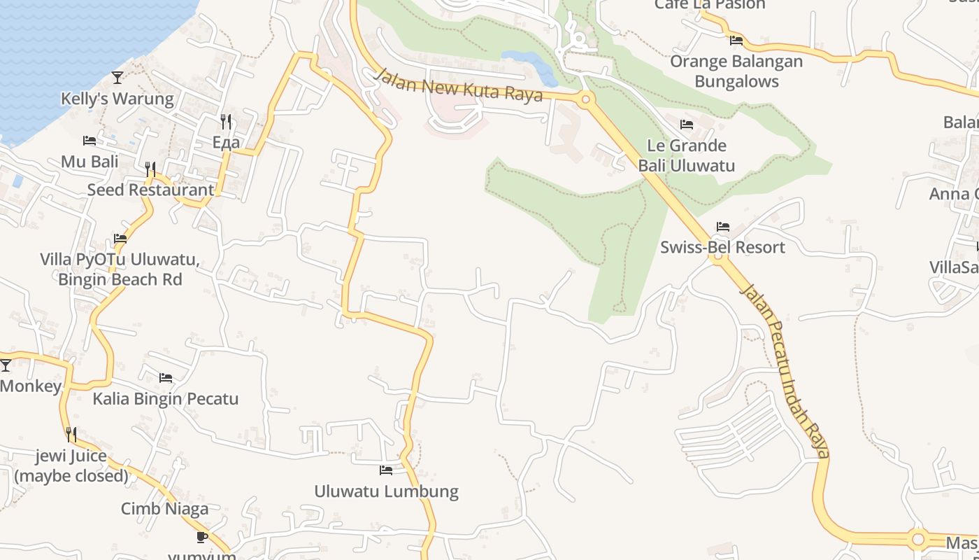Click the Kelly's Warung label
pos(117,99)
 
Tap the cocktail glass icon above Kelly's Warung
pos(117,77)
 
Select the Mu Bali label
pos(90,162)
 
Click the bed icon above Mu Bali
pos(89,141)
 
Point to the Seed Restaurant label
pos(150,190)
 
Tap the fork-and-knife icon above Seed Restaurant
pos(150,169)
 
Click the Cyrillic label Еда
pos(226,143)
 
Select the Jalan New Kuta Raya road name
pos(458,85)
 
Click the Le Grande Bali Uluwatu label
pos(686,155)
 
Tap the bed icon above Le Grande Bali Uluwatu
pos(687,125)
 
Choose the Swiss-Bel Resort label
pos(722,247)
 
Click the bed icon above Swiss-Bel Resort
pos(722,227)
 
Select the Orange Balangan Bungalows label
pos(736,71)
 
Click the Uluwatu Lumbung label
pos(386,491)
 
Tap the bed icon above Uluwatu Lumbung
pos(386,470)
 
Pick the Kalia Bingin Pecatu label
pos(166,399)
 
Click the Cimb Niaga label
pos(164,509)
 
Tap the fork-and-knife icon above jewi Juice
pos(71,435)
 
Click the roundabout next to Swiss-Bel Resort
pos(717,257)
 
